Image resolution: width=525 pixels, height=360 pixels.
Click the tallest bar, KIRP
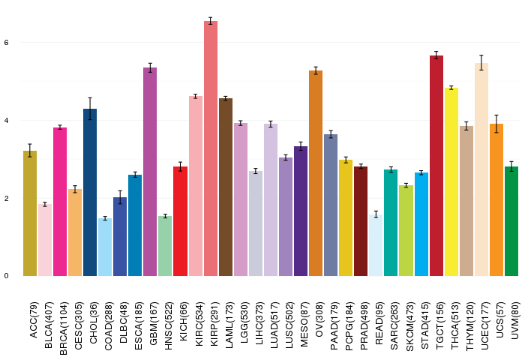[x=211, y=148]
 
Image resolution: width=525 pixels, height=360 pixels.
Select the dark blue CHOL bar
[x=90, y=192]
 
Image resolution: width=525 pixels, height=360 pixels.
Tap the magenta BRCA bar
[x=60, y=202]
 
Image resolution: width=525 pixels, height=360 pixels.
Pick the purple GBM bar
[x=150, y=172]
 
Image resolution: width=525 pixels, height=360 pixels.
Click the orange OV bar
[x=316, y=173]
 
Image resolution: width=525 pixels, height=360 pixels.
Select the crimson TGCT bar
[x=436, y=166]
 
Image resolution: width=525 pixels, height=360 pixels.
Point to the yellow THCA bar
[x=451, y=181]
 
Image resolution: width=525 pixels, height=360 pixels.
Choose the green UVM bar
[x=511, y=221]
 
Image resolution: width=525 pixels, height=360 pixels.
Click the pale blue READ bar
[x=376, y=245]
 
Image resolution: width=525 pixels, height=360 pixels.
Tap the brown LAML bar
[x=226, y=187]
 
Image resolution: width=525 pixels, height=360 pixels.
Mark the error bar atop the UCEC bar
[x=481, y=62]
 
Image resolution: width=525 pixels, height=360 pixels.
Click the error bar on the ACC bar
[x=30, y=150]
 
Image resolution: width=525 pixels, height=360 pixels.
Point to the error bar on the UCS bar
[x=496, y=124]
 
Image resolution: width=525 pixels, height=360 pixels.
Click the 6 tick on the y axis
[x=6, y=43]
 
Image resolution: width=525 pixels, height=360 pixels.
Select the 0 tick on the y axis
[x=6, y=276]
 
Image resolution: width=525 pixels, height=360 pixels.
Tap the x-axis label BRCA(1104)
[x=63, y=328]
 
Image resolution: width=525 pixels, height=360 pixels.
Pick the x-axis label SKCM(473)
[x=409, y=326]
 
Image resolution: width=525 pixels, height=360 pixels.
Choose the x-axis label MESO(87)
[x=304, y=324]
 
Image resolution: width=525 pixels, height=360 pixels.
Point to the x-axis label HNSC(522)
[x=169, y=325]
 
